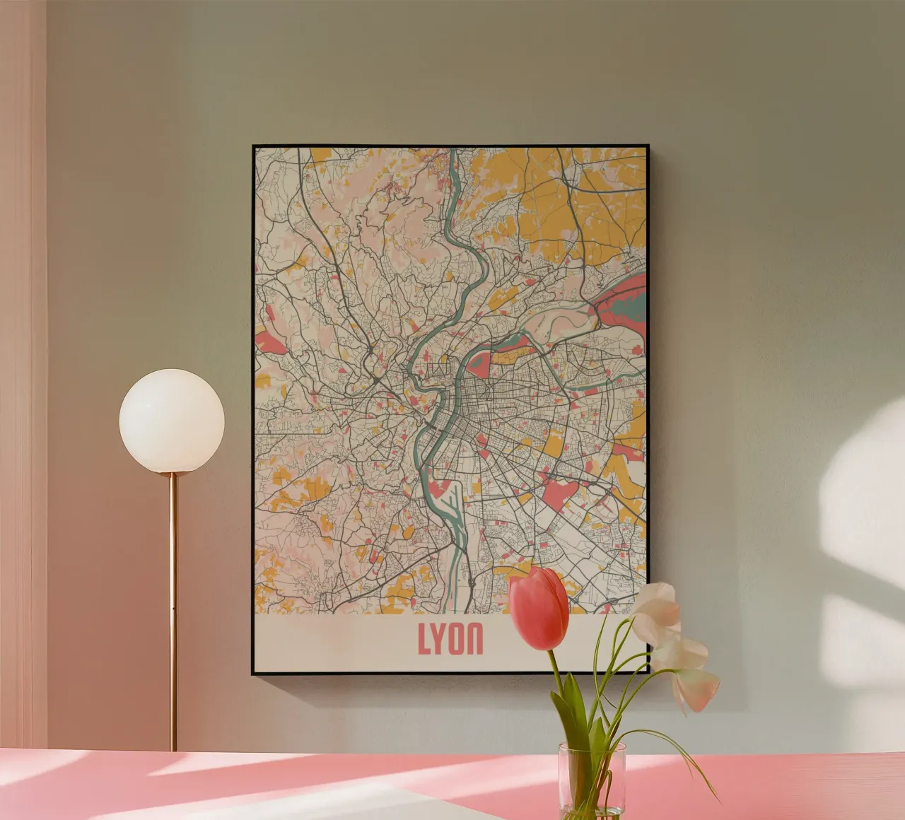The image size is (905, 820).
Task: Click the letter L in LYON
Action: (x=424, y=639)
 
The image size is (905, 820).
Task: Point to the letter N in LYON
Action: (x=476, y=639)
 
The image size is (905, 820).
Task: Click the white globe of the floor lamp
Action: (x=172, y=421)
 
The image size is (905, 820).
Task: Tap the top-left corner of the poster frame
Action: (x=254, y=147)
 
